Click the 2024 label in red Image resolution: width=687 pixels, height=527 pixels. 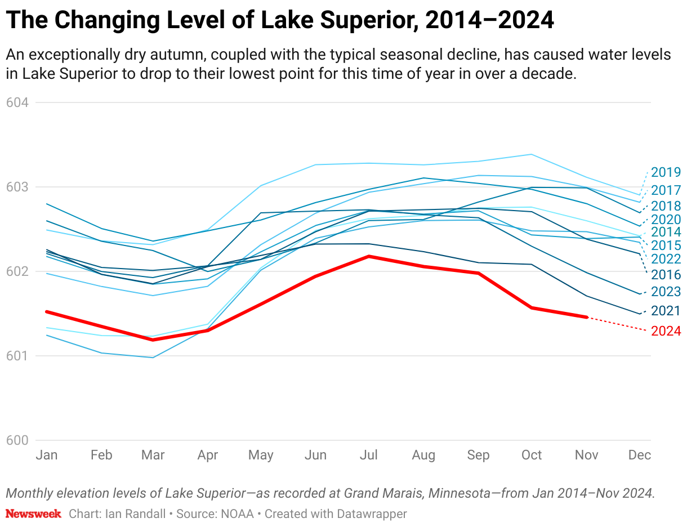click(x=666, y=331)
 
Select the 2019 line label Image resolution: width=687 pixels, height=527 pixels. click(x=666, y=172)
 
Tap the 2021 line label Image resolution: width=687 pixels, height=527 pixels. click(x=666, y=311)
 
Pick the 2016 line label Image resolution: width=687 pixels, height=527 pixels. click(x=666, y=275)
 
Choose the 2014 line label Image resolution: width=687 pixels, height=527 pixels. click(x=666, y=232)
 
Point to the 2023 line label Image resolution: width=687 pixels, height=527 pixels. click(x=666, y=292)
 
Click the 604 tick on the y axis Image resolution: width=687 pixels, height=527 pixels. click(x=17, y=102)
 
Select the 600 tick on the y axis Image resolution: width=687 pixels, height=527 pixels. click(x=17, y=440)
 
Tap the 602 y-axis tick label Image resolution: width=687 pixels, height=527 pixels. click(x=17, y=271)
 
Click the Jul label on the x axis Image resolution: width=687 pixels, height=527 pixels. click(x=369, y=455)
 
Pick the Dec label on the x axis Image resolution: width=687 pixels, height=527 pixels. click(x=640, y=455)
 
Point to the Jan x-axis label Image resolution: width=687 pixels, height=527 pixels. click(x=47, y=455)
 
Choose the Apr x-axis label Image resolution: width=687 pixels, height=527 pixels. click(x=207, y=455)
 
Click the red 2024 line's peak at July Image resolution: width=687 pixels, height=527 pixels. click(x=369, y=256)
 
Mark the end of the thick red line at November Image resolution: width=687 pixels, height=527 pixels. click(x=587, y=317)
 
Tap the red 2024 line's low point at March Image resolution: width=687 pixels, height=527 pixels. click(x=153, y=340)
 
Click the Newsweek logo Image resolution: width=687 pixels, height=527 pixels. click(x=33, y=513)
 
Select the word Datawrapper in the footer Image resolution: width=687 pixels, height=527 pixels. click(x=372, y=513)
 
